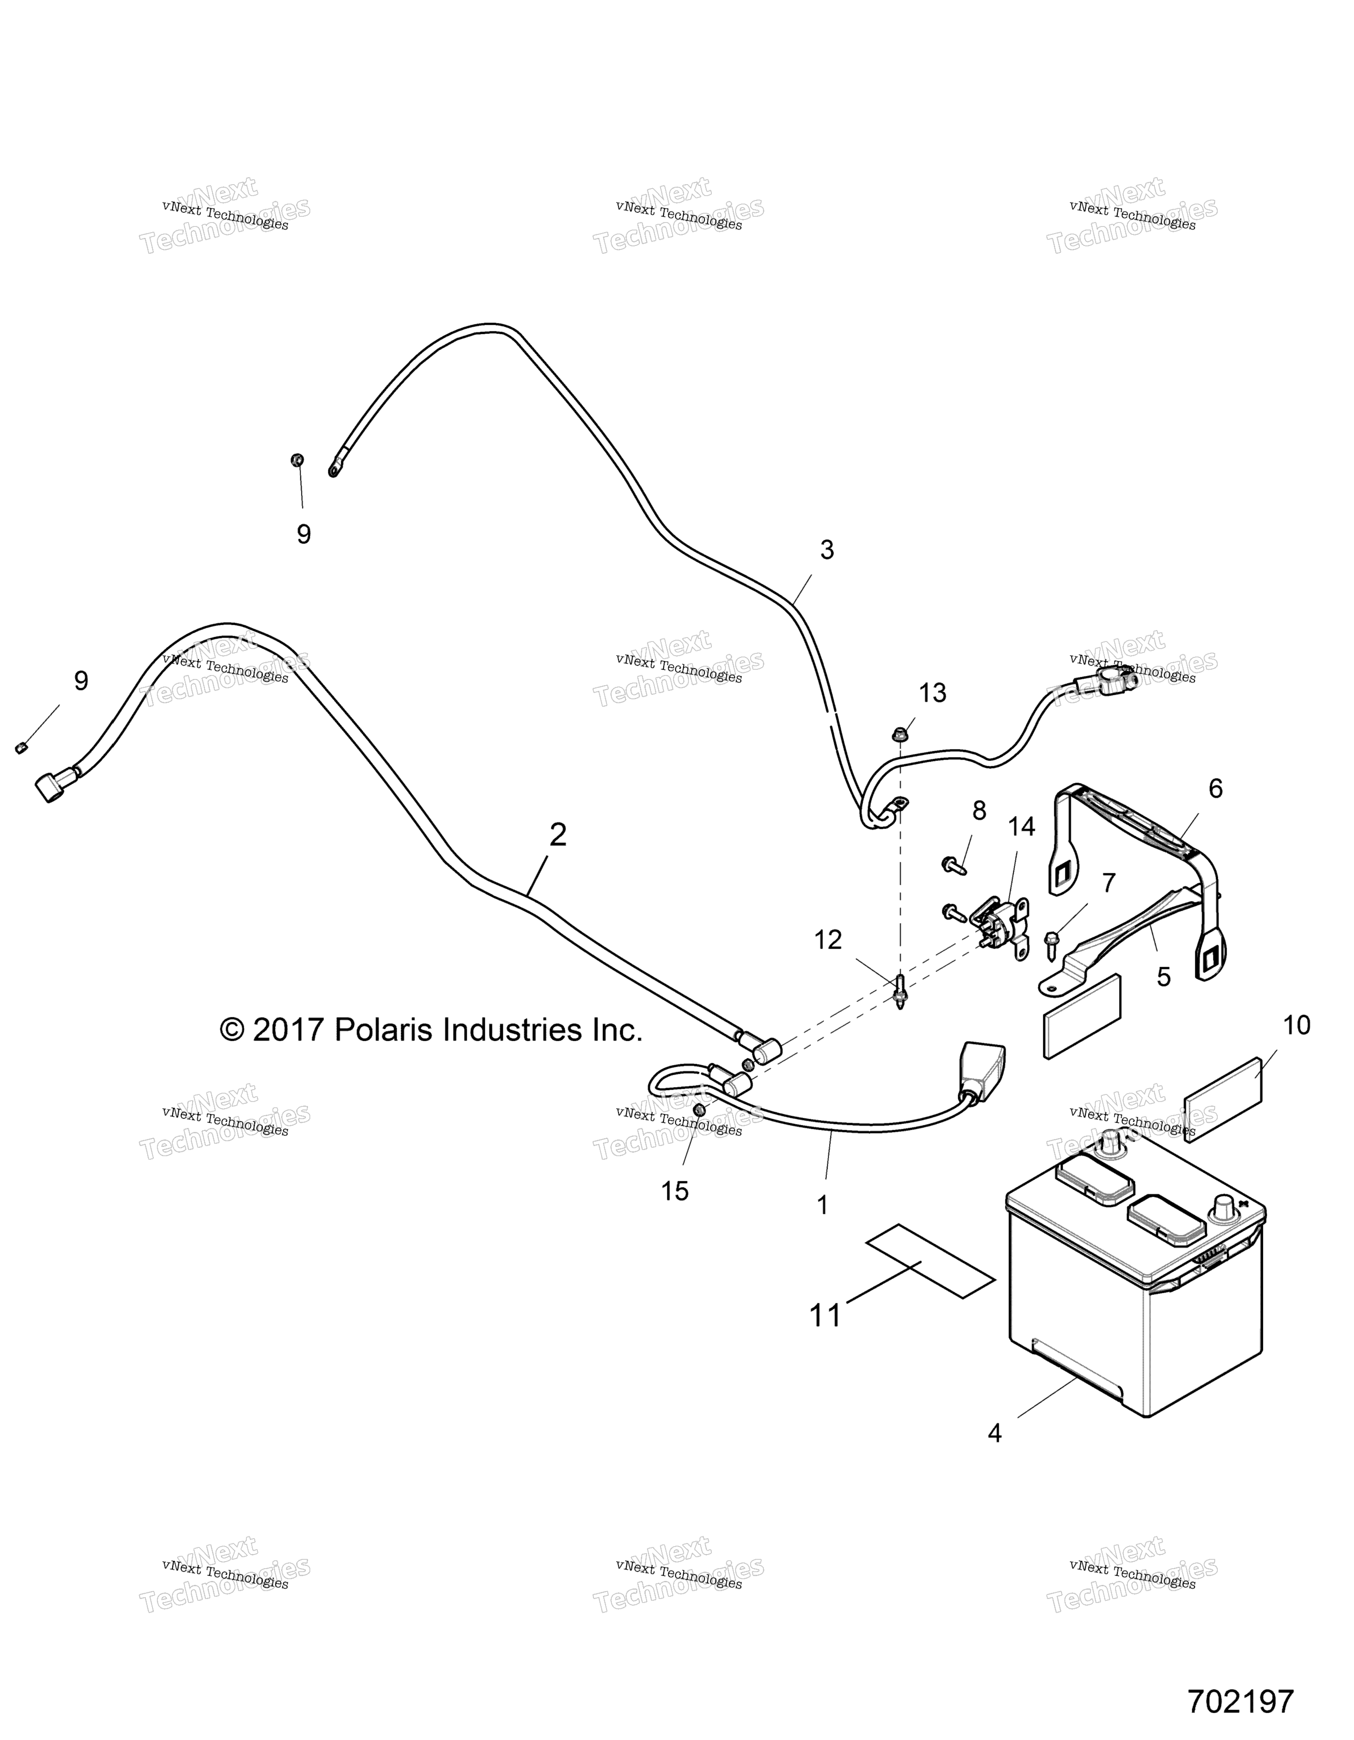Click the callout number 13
coord(933,693)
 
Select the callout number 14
coord(1022,827)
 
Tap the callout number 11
coord(826,1315)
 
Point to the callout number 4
coord(995,1434)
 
